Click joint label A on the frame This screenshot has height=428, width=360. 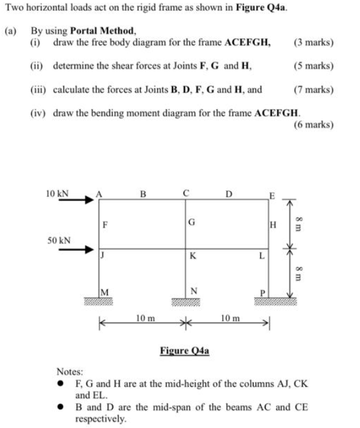(x=97, y=194)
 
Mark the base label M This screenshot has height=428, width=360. (x=106, y=292)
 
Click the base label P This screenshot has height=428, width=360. (x=263, y=292)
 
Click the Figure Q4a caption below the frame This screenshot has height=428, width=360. (x=184, y=350)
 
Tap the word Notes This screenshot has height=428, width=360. (x=70, y=371)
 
